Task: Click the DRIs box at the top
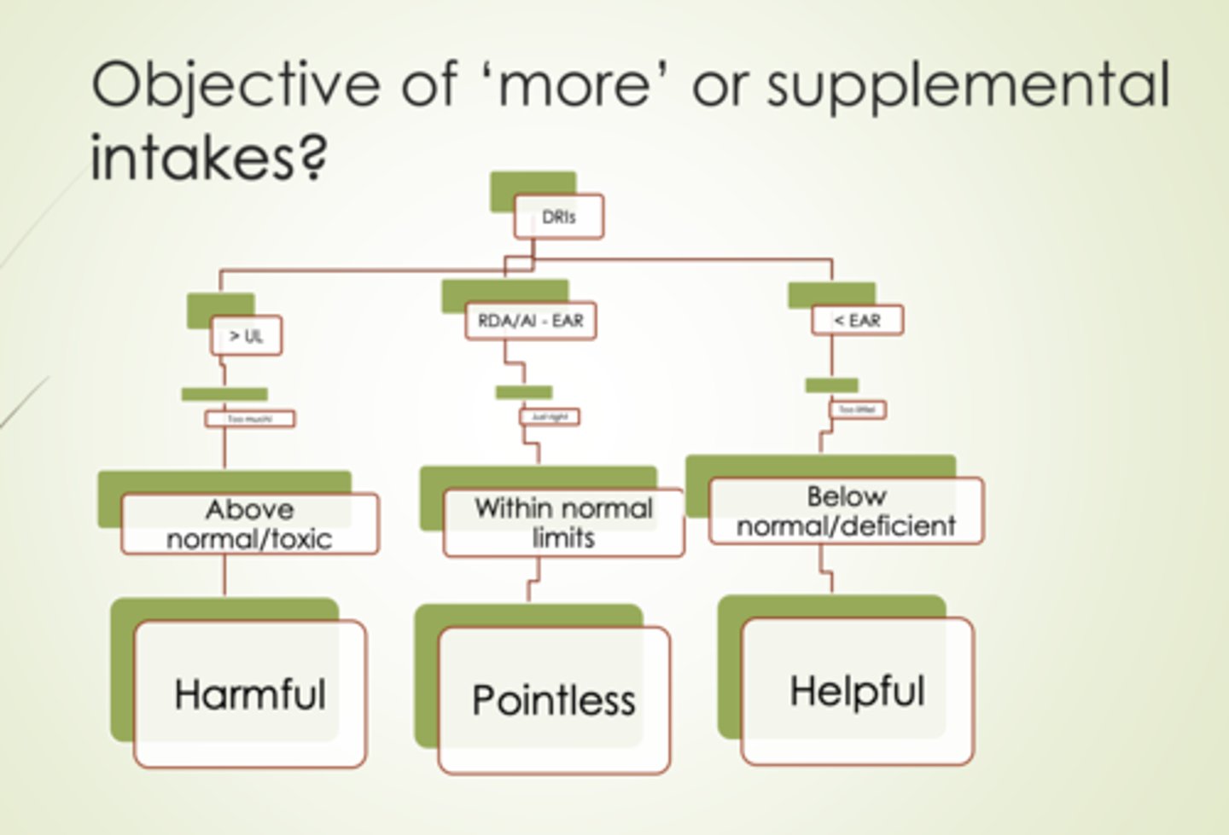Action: click(x=558, y=217)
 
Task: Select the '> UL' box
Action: click(x=246, y=336)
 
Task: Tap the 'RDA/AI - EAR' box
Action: click(x=530, y=322)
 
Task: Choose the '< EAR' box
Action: click(x=857, y=321)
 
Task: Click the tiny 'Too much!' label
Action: click(x=250, y=419)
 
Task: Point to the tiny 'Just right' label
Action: click(x=550, y=417)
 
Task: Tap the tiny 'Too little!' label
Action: click(x=858, y=410)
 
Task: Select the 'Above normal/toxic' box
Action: click(x=249, y=524)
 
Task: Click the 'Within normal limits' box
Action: click(x=563, y=523)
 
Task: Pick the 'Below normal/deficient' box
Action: click(x=846, y=511)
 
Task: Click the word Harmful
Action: click(x=250, y=694)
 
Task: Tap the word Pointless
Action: click(x=554, y=700)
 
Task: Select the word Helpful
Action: click(x=857, y=691)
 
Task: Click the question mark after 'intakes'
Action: click(x=314, y=158)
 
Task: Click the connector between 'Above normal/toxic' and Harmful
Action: click(x=224, y=576)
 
